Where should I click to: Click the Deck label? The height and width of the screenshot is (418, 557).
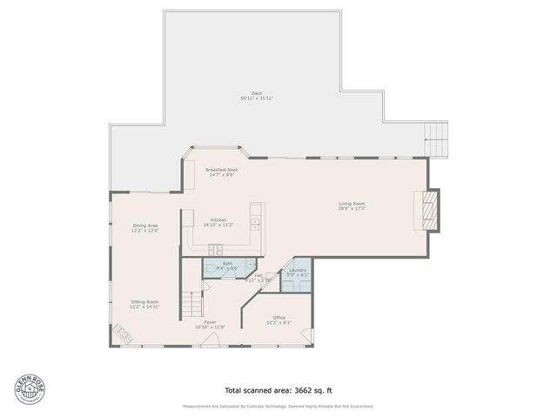click(257, 93)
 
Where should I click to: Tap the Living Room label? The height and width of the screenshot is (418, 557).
click(352, 204)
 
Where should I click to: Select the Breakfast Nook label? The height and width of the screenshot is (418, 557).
click(220, 169)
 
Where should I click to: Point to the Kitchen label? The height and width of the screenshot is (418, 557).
click(218, 219)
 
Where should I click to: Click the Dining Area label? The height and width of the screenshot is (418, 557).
click(144, 226)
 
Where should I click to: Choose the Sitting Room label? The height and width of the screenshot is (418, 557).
click(144, 301)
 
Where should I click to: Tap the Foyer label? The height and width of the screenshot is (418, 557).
click(210, 322)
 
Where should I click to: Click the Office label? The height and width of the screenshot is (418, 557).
click(278, 317)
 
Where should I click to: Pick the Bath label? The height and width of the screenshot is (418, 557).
click(227, 263)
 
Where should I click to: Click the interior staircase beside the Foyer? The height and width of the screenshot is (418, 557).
click(192, 304)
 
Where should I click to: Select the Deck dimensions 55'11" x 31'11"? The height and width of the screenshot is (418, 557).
click(257, 98)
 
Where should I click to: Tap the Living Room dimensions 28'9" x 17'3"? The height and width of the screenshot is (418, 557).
click(352, 209)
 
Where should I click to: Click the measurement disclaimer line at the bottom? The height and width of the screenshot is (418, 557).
click(278, 407)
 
